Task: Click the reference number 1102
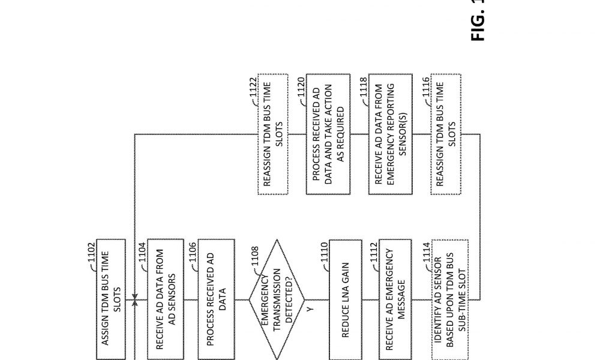91,253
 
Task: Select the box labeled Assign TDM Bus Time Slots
111,299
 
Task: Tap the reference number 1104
142,253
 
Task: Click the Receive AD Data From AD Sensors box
166,299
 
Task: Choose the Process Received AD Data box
217,299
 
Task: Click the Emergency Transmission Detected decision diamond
277,299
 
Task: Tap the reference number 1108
255,256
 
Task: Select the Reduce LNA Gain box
346,299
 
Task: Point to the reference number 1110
324,253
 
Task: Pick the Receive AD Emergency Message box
395,299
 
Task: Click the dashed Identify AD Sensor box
450,299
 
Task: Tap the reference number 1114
427,253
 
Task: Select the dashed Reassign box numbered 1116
446,134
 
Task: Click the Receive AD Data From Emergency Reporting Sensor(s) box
391,134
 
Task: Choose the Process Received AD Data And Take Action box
328,134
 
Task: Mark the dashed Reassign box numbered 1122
273,134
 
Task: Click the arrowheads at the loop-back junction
134,299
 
